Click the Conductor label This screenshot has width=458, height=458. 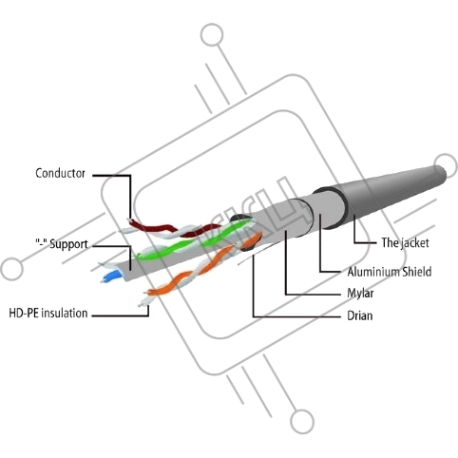pyautogui.click(x=60, y=173)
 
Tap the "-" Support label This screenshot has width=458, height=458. pyautogui.click(x=62, y=244)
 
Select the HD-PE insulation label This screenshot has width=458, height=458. pyautogui.click(x=48, y=314)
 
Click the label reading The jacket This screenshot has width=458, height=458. pyautogui.click(x=405, y=243)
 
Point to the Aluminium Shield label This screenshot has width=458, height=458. pyautogui.click(x=390, y=272)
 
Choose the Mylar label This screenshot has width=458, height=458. pyautogui.click(x=360, y=294)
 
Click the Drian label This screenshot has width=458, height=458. pyautogui.click(x=360, y=315)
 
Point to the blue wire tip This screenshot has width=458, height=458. pyautogui.click(x=111, y=277)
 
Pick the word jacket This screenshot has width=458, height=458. pyautogui.click(x=415, y=243)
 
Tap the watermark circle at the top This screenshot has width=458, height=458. pyautogui.click(x=212, y=34)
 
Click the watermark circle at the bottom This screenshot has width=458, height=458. pyautogui.click(x=302, y=422)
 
